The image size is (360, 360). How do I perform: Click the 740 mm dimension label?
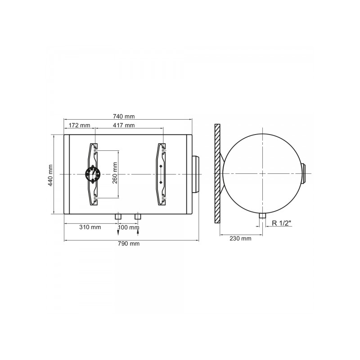(124, 117)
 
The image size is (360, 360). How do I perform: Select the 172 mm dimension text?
(80, 126)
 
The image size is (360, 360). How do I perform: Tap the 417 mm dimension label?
(124, 126)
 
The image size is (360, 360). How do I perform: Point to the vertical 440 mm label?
(50, 175)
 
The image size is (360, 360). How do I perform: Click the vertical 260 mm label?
(115, 173)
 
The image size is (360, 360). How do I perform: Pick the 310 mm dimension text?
(90, 227)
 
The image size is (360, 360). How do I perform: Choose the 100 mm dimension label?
(129, 228)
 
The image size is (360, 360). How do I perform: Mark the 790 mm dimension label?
(129, 243)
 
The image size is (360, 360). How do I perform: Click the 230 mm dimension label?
(240, 238)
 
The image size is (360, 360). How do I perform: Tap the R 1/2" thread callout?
(282, 223)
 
